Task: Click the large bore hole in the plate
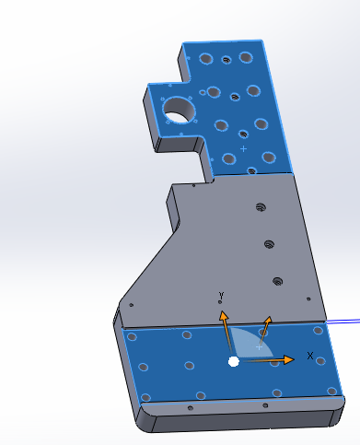point(180,110)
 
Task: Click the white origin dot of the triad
point(234,362)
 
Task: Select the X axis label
point(310,356)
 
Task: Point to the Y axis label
point(221,296)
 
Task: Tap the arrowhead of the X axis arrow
point(289,359)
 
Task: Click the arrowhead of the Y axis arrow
point(224,316)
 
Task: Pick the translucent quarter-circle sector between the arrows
point(250,343)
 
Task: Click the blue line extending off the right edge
point(343,321)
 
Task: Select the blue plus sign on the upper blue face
point(243,149)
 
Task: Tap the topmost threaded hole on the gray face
point(261,207)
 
